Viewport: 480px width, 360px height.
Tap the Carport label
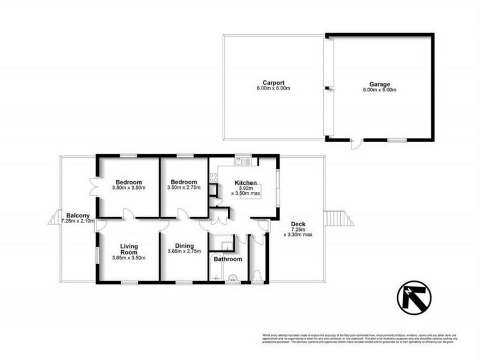(x=272, y=83)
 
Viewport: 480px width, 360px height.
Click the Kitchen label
(x=246, y=182)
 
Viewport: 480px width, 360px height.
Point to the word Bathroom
(x=228, y=259)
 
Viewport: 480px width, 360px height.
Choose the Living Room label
(x=129, y=248)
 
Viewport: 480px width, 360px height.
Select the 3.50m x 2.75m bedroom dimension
(x=183, y=188)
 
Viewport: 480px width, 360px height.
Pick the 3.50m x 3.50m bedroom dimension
(x=130, y=188)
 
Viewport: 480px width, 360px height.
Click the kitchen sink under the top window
(x=242, y=161)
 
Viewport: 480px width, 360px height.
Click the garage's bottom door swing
(x=356, y=143)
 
